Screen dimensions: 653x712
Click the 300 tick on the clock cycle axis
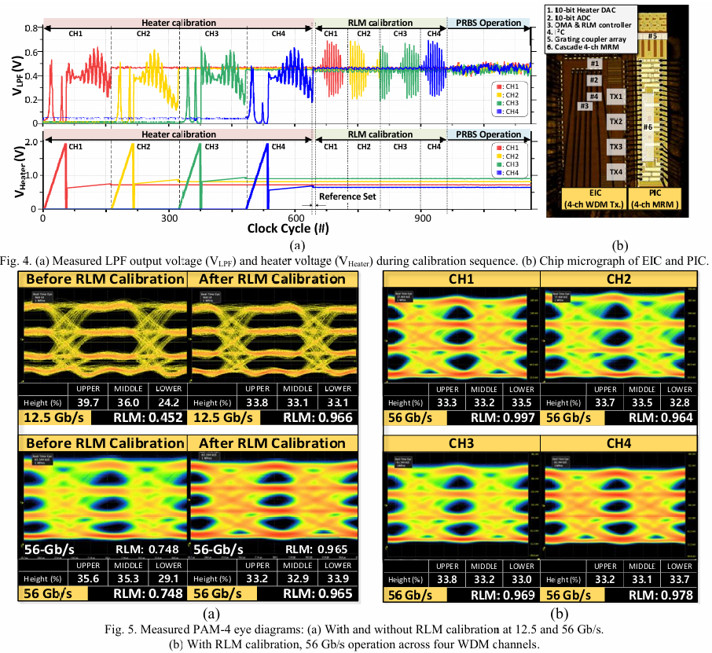point(170,218)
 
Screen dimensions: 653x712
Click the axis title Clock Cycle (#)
point(288,229)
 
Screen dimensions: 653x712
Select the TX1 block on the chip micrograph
point(616,97)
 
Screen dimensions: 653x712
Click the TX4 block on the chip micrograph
point(616,171)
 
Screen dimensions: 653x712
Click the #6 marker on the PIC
point(648,127)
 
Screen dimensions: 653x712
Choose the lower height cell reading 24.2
point(166,403)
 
